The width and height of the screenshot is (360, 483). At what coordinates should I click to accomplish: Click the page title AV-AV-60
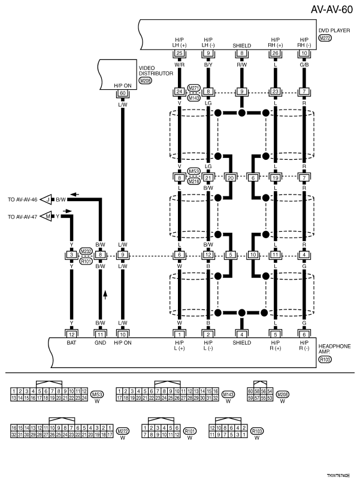point(332,10)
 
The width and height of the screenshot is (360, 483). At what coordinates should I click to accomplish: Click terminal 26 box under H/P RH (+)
point(275,53)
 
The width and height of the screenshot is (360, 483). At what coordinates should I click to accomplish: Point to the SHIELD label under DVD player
point(242,43)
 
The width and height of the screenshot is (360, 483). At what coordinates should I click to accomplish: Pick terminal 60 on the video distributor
point(123,93)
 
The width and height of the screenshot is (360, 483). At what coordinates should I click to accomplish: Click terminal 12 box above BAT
point(71,333)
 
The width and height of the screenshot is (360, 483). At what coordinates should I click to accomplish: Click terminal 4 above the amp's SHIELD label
point(242,333)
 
